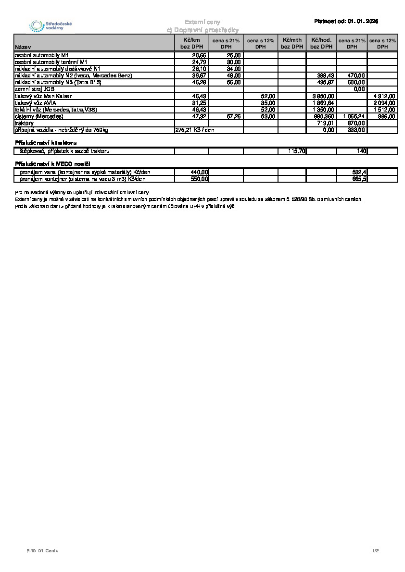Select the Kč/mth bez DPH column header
[x=292, y=43]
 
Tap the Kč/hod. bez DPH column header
[x=321, y=43]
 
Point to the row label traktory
[x=25, y=124]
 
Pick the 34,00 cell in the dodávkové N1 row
[x=234, y=69]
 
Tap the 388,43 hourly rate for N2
[x=326, y=75]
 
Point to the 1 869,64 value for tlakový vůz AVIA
[x=323, y=103]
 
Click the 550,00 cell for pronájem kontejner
[x=199, y=179]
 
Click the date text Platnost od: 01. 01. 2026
[x=346, y=21]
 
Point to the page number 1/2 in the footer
[x=376, y=550]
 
